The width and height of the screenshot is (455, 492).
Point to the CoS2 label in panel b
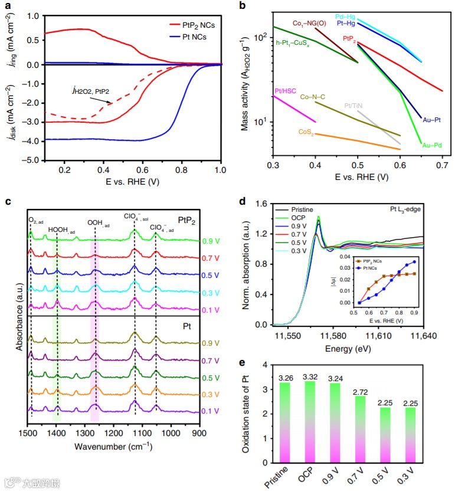click(307, 132)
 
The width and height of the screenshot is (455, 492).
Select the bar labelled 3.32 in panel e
click(313, 416)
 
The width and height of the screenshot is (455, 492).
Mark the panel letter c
click(8, 201)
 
